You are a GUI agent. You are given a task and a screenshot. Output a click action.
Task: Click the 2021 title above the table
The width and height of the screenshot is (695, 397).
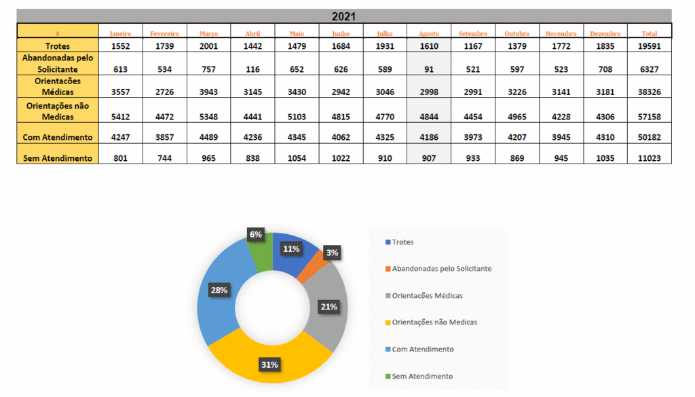coord(344,16)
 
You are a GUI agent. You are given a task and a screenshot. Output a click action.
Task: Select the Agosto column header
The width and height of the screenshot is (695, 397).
coord(429,33)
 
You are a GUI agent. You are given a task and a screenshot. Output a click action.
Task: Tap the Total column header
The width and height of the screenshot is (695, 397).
coord(650,33)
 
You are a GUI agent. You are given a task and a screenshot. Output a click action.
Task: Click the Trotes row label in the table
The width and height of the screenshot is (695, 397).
coord(58,45)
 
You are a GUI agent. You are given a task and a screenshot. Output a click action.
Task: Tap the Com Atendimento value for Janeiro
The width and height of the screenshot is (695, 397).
coord(121,137)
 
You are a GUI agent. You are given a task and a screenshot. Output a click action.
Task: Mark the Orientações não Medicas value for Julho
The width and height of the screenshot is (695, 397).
coord(384,117)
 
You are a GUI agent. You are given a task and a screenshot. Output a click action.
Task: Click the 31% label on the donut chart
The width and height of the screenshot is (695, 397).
coord(269,364)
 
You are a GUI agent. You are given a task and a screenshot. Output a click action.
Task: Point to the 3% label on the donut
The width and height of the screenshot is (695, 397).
coord(332,252)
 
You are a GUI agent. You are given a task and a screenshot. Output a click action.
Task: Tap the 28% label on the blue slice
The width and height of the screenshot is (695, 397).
coord(219,290)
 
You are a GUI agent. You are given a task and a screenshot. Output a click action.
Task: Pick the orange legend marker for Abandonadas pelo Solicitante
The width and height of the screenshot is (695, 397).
coord(388,269)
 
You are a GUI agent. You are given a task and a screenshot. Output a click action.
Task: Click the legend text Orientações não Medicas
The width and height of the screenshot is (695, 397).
coord(434,322)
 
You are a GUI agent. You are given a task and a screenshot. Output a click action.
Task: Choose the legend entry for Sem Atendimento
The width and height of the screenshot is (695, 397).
coord(422,376)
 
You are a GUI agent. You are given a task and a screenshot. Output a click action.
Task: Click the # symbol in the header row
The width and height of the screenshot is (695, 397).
coord(58,33)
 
